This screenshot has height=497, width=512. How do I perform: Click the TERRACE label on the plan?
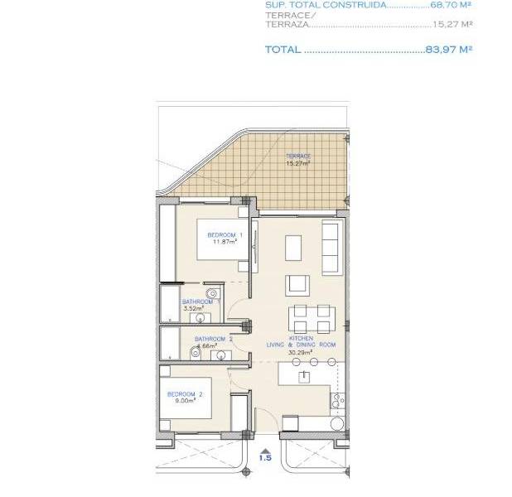(298, 157)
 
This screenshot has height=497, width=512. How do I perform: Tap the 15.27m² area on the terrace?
(298, 163)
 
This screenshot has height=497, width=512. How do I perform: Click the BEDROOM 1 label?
(225, 235)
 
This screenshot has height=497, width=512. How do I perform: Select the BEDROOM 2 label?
(184, 393)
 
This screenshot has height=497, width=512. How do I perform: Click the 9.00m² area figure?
(183, 401)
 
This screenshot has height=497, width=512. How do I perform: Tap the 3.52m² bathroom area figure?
(193, 308)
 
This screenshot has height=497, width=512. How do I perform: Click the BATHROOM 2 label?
(214, 339)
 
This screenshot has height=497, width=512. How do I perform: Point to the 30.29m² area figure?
(300, 352)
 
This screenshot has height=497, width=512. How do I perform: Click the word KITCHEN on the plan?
(299, 338)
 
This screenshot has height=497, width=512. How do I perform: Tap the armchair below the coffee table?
(297, 285)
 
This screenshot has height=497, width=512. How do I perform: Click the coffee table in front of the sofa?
(293, 248)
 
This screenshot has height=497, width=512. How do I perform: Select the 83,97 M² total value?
(448, 50)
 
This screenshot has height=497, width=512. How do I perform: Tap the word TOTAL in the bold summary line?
(283, 50)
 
